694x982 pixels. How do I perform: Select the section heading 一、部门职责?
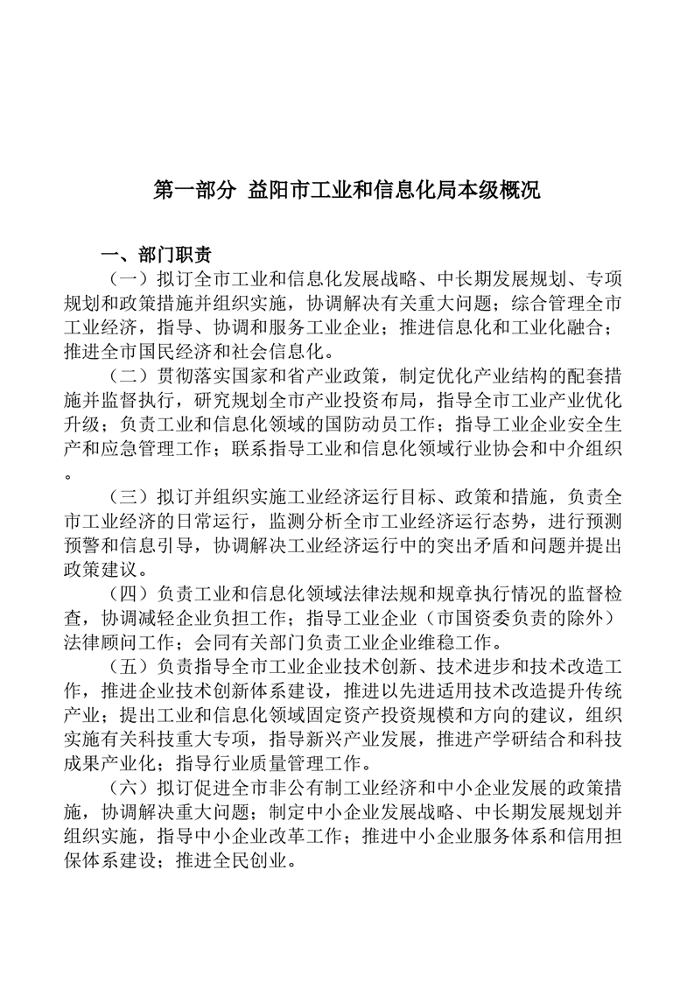coord(156,256)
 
